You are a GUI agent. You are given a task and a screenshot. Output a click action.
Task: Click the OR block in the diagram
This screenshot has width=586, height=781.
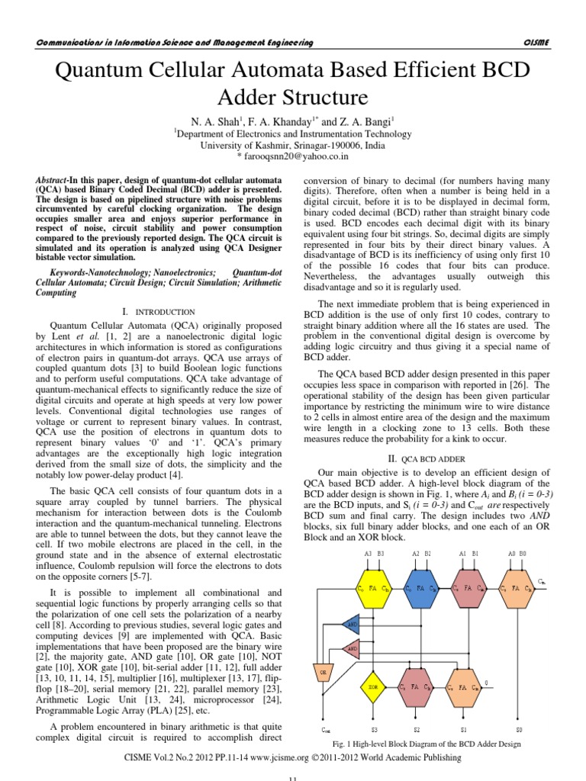[324, 673]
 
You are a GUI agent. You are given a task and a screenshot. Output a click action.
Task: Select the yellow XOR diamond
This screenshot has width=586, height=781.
[374, 686]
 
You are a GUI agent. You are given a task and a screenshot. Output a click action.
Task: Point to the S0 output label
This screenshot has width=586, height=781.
[519, 729]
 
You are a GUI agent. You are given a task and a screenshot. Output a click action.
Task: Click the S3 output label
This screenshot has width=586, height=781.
[373, 729]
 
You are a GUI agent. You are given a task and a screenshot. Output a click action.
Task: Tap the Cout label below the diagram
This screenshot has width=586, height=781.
[326, 730]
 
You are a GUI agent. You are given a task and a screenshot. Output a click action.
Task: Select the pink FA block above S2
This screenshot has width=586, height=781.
[416, 686]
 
